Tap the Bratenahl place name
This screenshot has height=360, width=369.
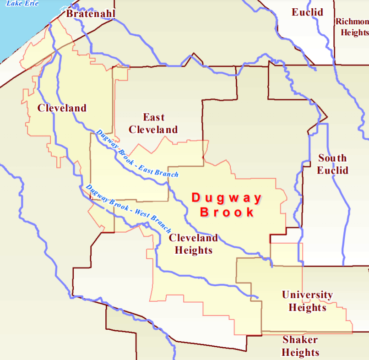click(x=91, y=14)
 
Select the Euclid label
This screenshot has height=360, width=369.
click(x=308, y=12)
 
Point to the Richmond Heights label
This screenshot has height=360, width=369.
click(x=352, y=27)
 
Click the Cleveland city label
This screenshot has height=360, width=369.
click(x=62, y=108)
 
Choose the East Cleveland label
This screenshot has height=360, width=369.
click(x=153, y=123)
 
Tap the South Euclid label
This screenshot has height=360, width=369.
click(x=333, y=164)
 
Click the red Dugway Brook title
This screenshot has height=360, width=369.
click(x=227, y=205)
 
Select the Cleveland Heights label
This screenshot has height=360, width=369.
click(x=193, y=244)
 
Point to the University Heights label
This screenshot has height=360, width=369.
click(x=307, y=301)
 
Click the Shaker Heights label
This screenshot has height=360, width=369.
click(x=300, y=346)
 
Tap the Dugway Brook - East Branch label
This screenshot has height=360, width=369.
click(x=137, y=153)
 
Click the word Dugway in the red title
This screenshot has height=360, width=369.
click(x=227, y=198)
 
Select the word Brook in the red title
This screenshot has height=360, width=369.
click(x=227, y=213)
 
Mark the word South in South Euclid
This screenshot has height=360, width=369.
click(x=333, y=158)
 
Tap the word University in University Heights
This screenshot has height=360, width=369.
click(x=307, y=295)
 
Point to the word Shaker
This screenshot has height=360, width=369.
click(x=300, y=340)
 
